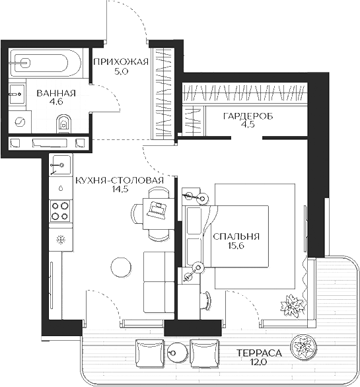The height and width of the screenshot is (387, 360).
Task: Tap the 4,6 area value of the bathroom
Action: (56, 102)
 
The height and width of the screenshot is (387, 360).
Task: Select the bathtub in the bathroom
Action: (40, 63)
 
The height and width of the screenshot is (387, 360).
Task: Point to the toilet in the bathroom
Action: (65, 122)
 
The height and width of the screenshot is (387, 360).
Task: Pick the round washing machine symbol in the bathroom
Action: (20, 122)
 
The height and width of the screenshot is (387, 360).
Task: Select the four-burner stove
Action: (61, 210)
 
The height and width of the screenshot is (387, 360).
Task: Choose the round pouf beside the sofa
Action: (121, 267)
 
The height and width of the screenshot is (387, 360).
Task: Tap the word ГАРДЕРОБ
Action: (248, 116)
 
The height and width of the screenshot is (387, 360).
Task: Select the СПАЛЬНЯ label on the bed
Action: (236, 236)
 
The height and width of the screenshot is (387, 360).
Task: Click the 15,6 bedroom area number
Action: (236, 246)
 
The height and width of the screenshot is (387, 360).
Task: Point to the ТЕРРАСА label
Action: (259, 353)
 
